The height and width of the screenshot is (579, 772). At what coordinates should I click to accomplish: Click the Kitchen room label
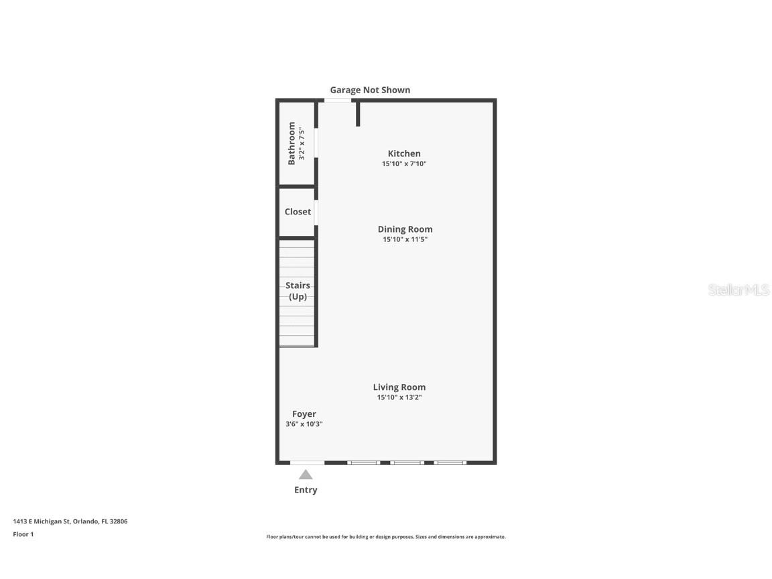coord(404,153)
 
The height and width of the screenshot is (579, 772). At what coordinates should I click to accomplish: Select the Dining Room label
coord(405,229)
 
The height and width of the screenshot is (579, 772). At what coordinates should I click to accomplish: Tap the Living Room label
coord(399,387)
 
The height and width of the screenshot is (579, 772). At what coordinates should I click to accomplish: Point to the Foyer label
coord(304,414)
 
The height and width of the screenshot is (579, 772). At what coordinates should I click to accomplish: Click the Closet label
coord(298,212)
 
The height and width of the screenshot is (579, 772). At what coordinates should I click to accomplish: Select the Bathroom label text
coord(292,143)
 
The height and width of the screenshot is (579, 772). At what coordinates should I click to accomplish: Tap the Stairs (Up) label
coord(298,291)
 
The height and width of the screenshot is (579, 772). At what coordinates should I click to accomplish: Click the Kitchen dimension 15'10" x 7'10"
coord(404,164)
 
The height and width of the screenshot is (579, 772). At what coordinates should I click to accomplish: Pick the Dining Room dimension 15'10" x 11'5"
coord(405,239)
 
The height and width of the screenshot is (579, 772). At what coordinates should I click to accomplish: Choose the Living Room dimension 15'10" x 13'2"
coord(399,397)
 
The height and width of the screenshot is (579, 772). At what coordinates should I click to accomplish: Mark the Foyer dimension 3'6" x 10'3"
coord(304,424)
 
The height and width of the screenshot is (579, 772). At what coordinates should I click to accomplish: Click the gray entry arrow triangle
coord(306,474)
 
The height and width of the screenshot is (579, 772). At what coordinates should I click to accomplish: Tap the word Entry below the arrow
coord(306,490)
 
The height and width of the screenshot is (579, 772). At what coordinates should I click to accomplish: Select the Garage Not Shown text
coord(370,90)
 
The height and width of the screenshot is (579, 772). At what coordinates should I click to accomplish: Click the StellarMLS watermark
coord(738,290)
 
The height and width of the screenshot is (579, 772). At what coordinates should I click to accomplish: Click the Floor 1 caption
coord(23,534)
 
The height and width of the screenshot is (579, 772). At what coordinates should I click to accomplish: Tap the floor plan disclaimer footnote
coord(386,537)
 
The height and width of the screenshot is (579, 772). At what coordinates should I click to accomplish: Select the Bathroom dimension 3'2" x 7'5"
coord(302,143)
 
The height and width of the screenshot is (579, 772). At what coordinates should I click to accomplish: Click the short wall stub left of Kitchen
coord(358,113)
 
